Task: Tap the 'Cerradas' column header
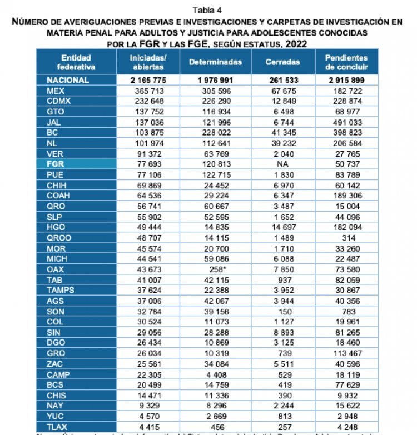point(283,62)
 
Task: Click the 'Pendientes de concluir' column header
point(347,62)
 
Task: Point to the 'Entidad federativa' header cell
point(76,62)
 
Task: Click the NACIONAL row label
point(68,80)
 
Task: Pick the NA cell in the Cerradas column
point(284,164)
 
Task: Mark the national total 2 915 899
point(347,80)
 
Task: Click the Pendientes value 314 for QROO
point(348,238)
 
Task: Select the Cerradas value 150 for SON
point(284,311)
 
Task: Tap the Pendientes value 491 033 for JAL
point(347,123)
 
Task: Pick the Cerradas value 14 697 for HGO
point(284,228)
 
